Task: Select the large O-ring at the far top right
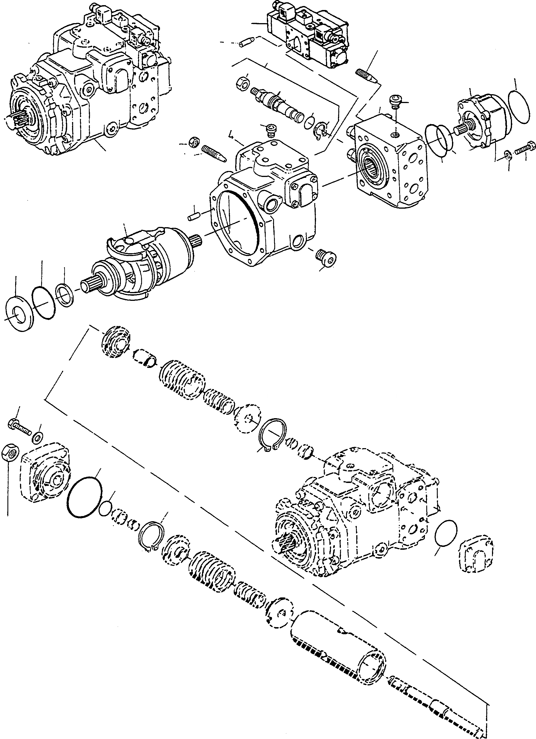[x=521, y=107]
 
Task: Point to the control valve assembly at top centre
[x=310, y=36]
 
